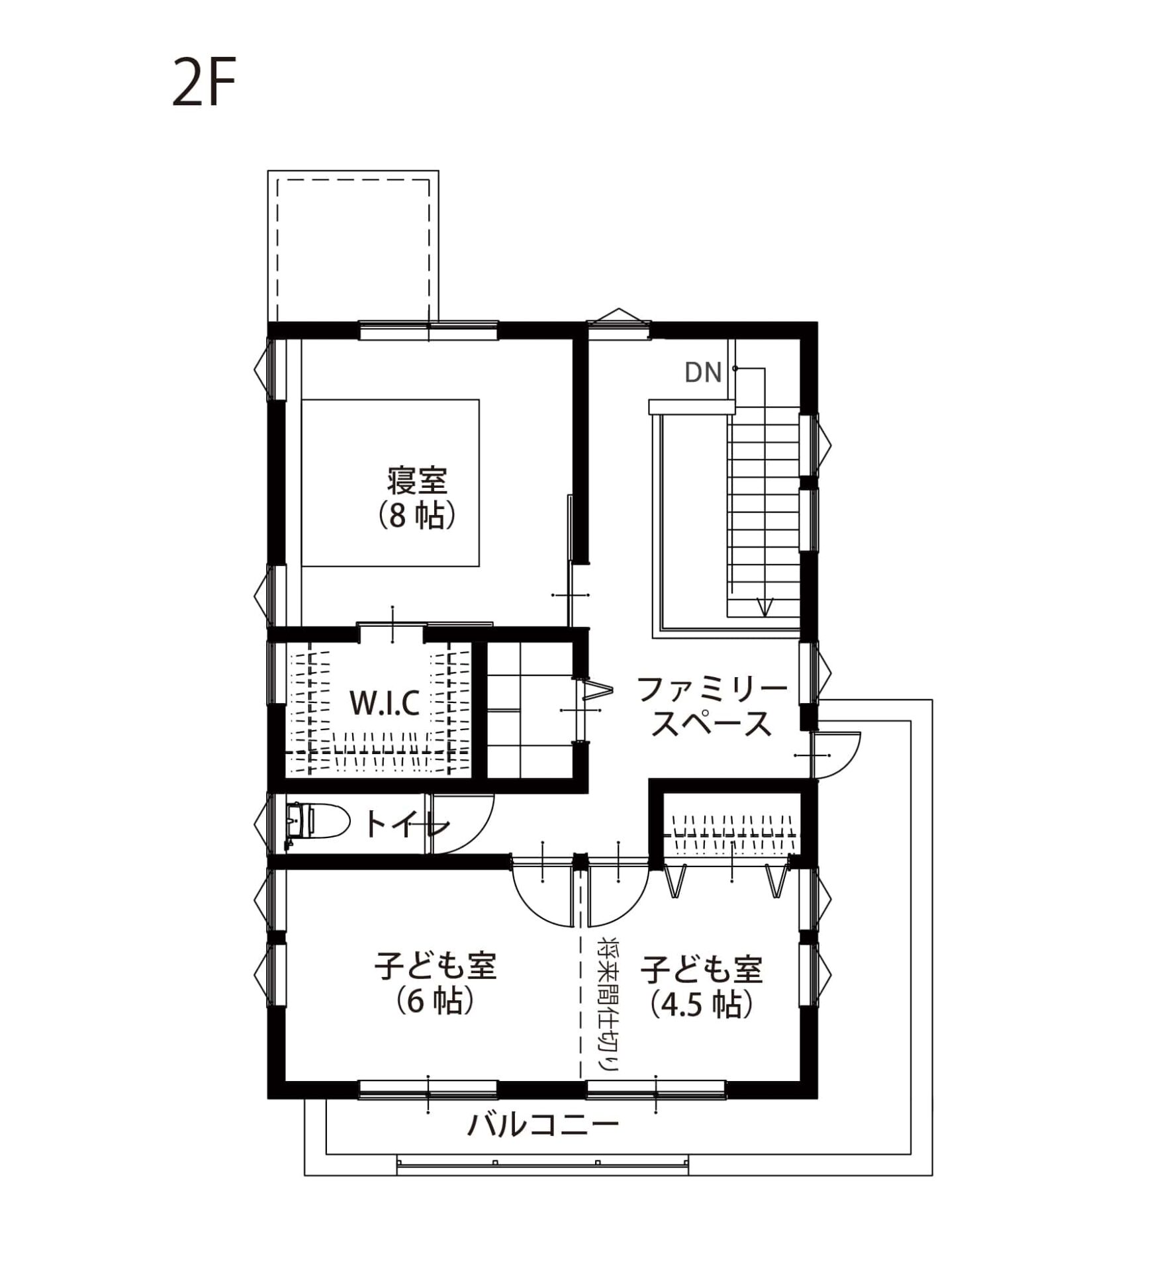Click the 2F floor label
pyautogui.click(x=204, y=82)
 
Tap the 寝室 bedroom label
pyautogui.click(x=418, y=481)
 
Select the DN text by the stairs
pyautogui.click(x=703, y=373)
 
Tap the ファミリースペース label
pyautogui.click(x=712, y=707)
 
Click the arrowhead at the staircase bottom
pyautogui.click(x=765, y=607)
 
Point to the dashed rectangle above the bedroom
pyautogui.click(x=353, y=249)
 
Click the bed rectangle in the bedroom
pyautogui.click(x=391, y=483)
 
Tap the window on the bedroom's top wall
pyautogui.click(x=428, y=330)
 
